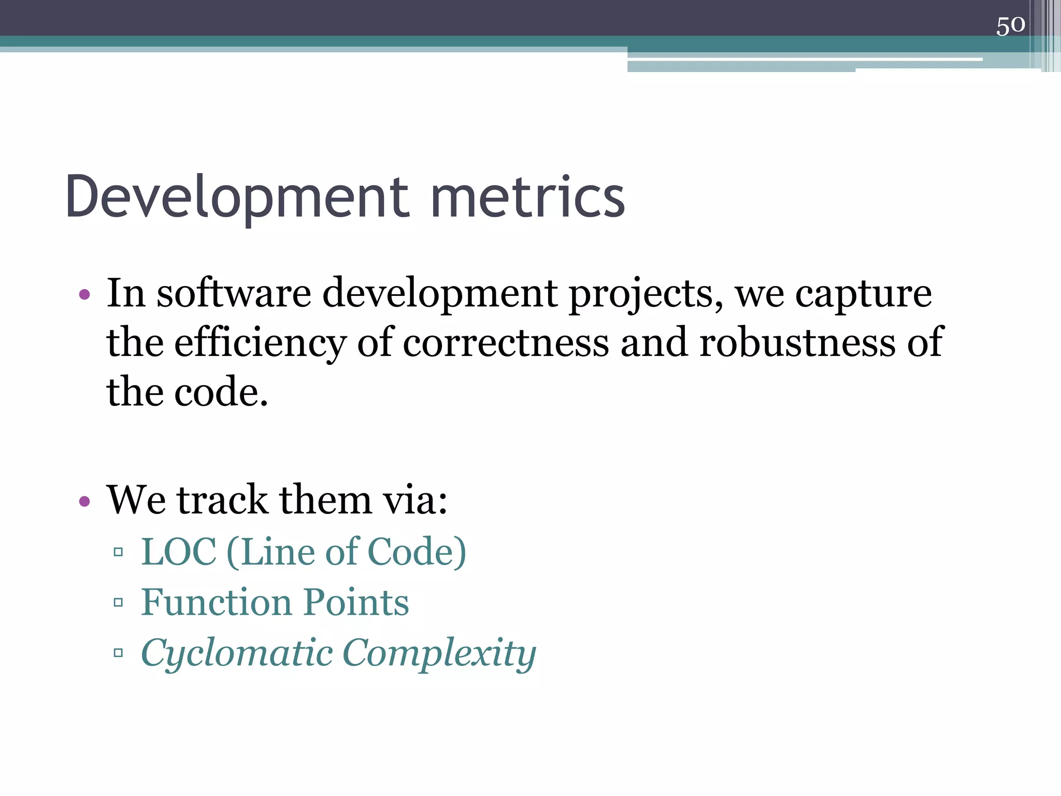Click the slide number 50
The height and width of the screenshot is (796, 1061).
pos(1010,25)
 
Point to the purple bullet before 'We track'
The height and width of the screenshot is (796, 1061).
pos(84,501)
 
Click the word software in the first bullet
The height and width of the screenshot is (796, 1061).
pos(234,293)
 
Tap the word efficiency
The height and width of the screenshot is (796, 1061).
pos(260,344)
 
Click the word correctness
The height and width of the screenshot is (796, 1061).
pos(506,343)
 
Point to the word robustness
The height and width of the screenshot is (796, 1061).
pos(797,343)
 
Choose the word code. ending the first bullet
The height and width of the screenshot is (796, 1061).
pos(221,392)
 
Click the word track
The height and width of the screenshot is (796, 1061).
pos(223,500)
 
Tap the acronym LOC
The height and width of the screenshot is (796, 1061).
pos(179,551)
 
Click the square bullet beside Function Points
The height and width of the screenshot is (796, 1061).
pos(118,602)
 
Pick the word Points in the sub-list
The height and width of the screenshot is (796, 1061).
pos(356,602)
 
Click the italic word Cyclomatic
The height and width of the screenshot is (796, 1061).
pos(237,653)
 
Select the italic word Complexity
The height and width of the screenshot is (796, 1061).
pos(439,653)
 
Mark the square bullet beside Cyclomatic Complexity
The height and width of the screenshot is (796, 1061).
pos(118,652)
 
